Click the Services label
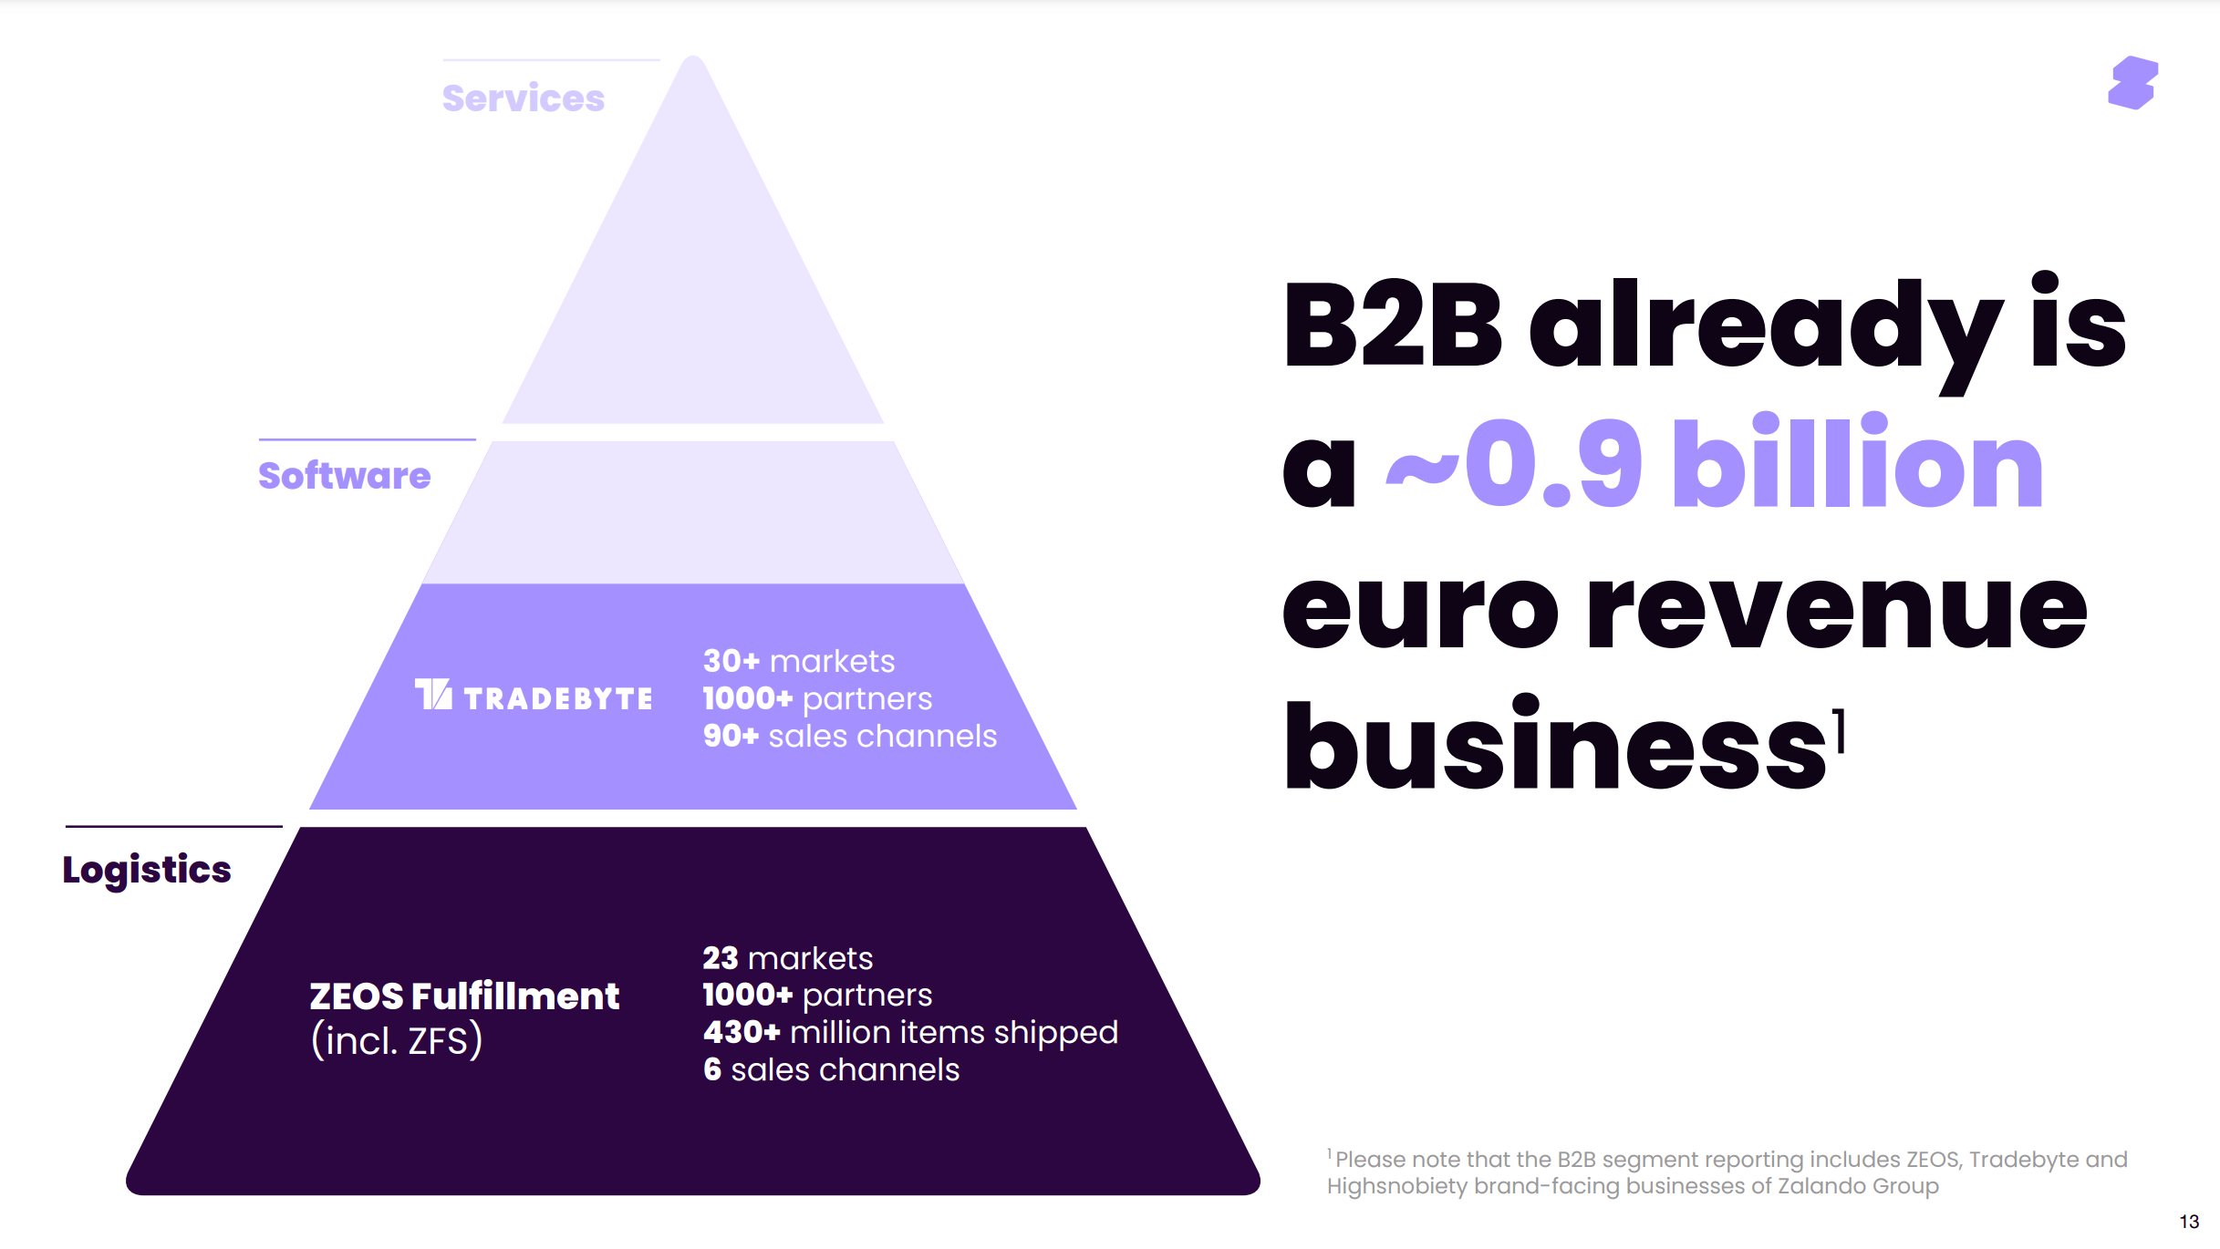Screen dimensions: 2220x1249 click(523, 98)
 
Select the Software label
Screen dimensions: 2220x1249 click(344, 476)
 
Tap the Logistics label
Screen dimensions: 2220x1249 click(147, 870)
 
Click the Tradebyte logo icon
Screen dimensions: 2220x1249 click(433, 695)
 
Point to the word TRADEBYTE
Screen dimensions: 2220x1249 click(558, 699)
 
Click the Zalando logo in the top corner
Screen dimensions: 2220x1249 click(2132, 84)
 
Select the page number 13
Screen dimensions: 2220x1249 click(2189, 1222)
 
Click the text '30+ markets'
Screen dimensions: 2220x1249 click(799, 661)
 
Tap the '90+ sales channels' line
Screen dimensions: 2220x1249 click(849, 736)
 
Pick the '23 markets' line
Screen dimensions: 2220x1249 click(787, 958)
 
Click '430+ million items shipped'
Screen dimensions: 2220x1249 click(909, 1032)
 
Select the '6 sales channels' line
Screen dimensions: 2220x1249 click(831, 1069)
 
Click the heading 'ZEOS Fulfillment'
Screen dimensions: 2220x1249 click(464, 996)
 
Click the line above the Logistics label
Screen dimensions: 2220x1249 click(173, 827)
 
